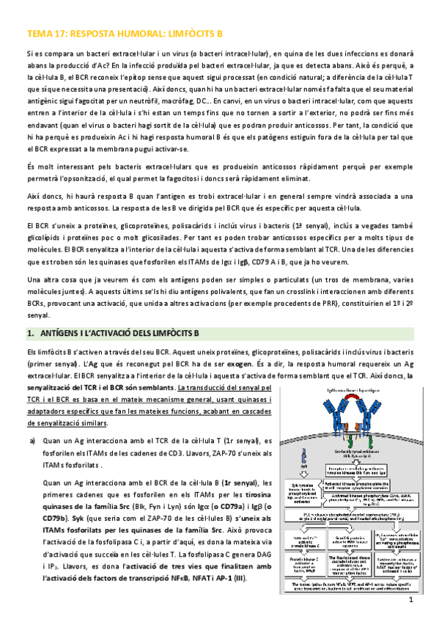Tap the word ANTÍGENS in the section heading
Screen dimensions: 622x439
tap(62, 332)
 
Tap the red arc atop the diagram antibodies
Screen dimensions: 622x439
tap(344, 392)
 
